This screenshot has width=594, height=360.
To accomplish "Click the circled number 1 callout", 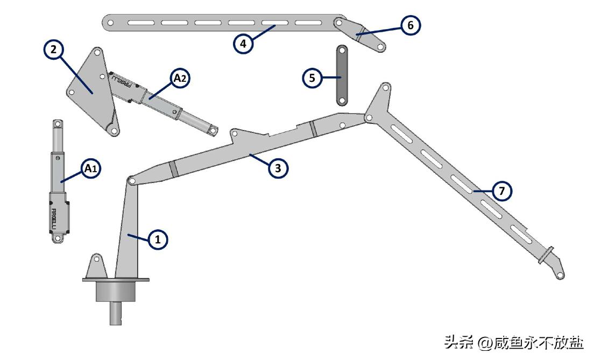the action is pos(158,239).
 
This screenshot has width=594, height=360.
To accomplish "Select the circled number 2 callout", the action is pos(53,50).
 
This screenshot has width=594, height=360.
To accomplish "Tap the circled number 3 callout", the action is pos(278,168).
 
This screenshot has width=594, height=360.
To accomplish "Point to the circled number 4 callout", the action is pos(243,44).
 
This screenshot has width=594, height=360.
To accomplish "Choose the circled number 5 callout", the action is pos(312,78).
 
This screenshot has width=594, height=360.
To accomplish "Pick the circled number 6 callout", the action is pos(411,25).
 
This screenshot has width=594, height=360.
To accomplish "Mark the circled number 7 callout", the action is pos(502,190).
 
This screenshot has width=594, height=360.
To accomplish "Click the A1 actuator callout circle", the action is pos(91,168).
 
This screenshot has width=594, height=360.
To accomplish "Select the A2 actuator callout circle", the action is pos(180,79).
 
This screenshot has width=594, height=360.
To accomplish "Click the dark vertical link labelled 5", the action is pos(342,75).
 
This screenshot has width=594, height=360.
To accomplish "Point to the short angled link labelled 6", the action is pos(360,34).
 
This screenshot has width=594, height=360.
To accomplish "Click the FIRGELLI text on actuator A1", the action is pos(53,218).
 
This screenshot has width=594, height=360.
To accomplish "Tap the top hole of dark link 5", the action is pos(342,51).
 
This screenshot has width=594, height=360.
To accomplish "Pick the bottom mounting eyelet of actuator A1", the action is pos(58,238).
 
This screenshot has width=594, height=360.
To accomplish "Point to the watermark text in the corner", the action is pos(514,343).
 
